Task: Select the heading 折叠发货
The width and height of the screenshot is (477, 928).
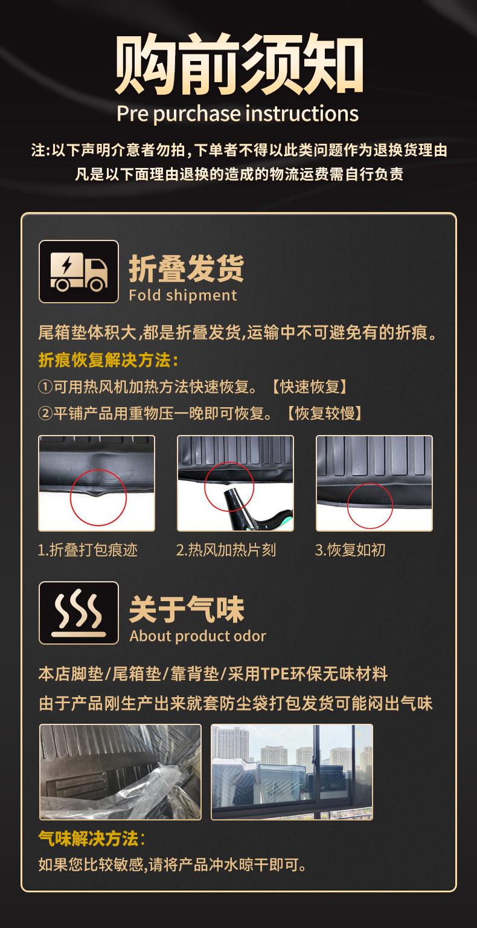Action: pyautogui.click(x=187, y=268)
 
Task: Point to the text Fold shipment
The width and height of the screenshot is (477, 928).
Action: pyautogui.click(x=183, y=295)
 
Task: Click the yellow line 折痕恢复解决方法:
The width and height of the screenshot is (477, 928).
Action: pyautogui.click(x=108, y=361)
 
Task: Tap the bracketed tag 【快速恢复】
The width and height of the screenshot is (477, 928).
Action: pyautogui.click(x=309, y=387)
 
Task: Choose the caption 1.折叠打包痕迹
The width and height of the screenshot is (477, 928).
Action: pyautogui.click(x=88, y=550)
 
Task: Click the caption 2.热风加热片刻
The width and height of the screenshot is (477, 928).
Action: pyautogui.click(x=226, y=550)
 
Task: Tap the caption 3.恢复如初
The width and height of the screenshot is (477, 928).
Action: pyautogui.click(x=350, y=550)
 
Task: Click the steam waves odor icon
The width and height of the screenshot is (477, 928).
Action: pyautogui.click(x=78, y=613)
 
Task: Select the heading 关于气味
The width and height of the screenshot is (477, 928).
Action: pyautogui.click(x=187, y=608)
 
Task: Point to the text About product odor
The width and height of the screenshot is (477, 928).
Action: pyautogui.click(x=197, y=636)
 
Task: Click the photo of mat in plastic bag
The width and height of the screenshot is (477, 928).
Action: pyautogui.click(x=120, y=772)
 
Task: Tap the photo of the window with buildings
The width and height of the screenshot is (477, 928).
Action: pyautogui.click(x=292, y=772)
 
